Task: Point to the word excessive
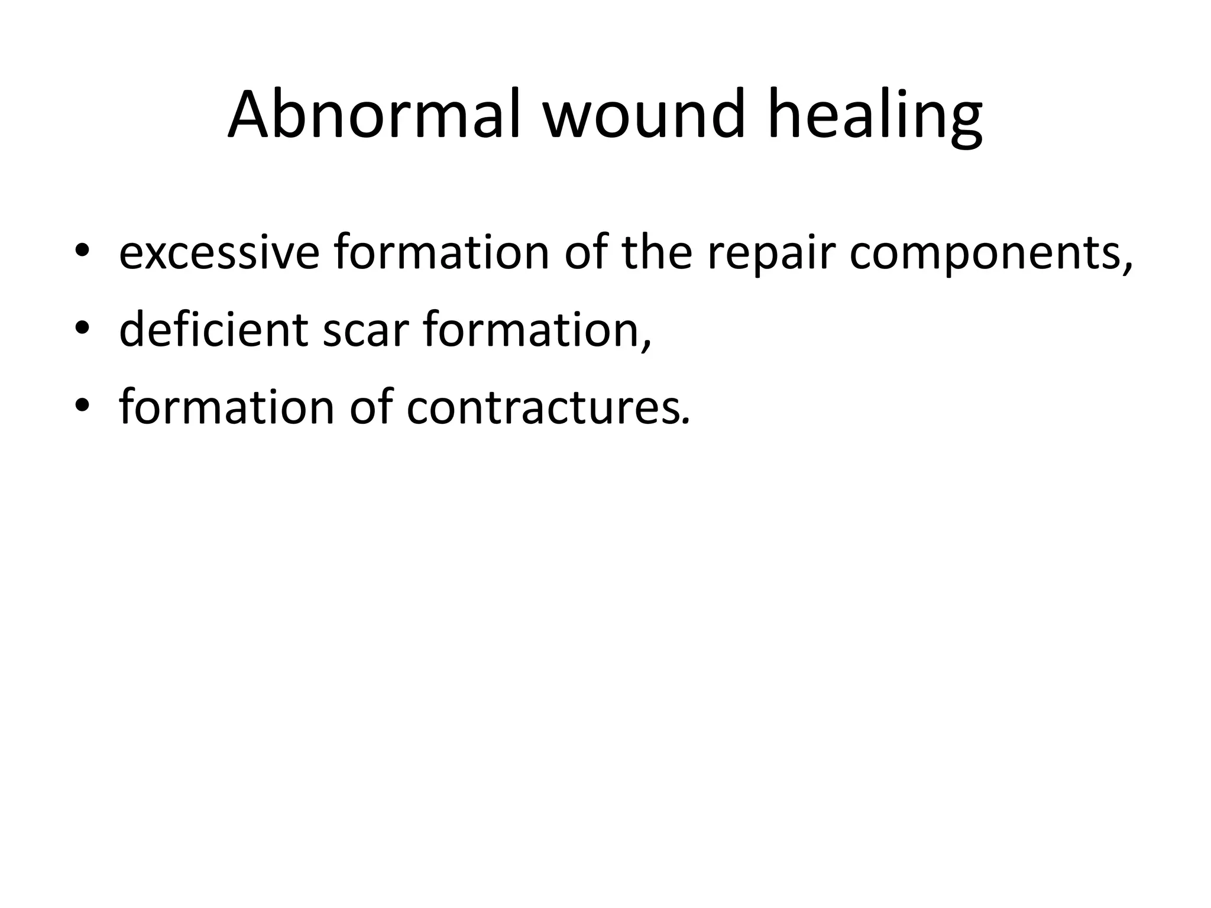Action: pos(219,253)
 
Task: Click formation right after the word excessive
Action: pos(441,253)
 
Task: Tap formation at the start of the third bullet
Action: pos(226,407)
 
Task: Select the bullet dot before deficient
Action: pos(82,330)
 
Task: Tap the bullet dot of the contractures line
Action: pos(82,407)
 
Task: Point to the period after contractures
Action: pos(685,421)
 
